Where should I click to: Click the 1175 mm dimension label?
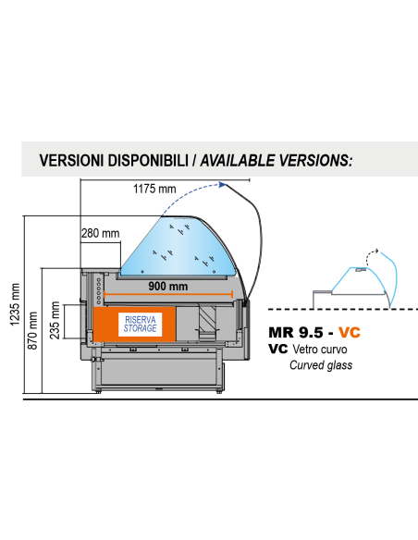click(154, 189)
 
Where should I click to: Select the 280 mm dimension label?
click(101, 233)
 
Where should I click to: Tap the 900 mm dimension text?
click(168, 286)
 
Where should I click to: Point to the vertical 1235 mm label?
click(15, 304)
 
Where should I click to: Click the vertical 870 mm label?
click(32, 331)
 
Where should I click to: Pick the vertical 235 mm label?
click(55, 320)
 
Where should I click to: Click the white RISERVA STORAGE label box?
click(140, 325)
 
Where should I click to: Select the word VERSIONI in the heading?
click(71, 161)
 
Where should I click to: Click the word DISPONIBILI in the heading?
click(148, 161)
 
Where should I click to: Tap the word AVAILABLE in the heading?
click(238, 161)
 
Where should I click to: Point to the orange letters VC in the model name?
click(350, 332)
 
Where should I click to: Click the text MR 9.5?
click(296, 332)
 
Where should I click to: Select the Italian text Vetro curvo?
click(320, 350)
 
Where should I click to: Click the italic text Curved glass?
click(321, 365)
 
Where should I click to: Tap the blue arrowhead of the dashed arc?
click(223, 185)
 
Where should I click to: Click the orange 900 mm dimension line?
click(168, 294)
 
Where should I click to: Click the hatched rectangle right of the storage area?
click(207, 319)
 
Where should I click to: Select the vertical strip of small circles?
click(99, 291)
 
